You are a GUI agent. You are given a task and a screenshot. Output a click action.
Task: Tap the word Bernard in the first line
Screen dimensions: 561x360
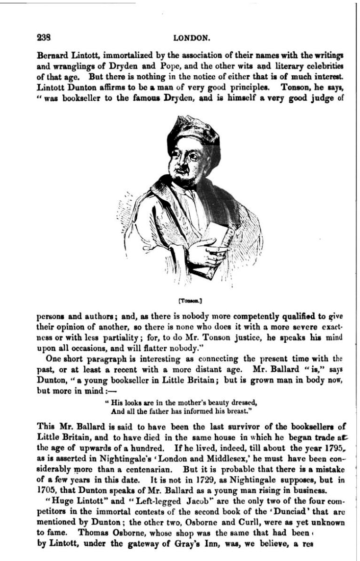[51, 55]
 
